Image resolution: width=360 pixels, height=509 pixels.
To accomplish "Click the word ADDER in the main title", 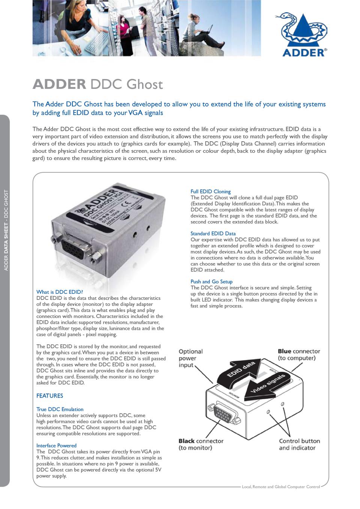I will click(59, 84).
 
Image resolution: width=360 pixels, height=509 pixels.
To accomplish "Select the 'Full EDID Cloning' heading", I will click(210, 192).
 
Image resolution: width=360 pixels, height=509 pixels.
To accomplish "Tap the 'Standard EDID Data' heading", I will click(213, 234).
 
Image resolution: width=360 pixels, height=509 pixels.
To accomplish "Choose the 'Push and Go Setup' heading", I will click(211, 281).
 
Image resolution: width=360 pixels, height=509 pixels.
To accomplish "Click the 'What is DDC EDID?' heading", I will click(59, 292).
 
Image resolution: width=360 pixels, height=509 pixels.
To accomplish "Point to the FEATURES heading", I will click(49, 396).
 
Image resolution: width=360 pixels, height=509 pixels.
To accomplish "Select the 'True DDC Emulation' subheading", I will click(60, 409).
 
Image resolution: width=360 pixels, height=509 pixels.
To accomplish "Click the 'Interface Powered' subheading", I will click(56, 446).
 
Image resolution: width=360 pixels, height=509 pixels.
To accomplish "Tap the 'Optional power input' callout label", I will click(190, 358).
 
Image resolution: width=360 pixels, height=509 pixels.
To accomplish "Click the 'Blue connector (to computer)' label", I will click(298, 355).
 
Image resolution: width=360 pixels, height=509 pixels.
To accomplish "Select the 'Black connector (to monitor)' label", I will click(201, 445).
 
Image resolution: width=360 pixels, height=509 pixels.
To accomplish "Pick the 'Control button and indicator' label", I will click(299, 445).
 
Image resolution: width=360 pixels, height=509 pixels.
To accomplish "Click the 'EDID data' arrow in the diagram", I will click(240, 369).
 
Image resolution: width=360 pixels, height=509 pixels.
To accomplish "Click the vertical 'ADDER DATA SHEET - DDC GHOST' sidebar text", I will click(6, 231).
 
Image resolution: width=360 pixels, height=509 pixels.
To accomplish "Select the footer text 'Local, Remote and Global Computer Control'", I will click(280, 487).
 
